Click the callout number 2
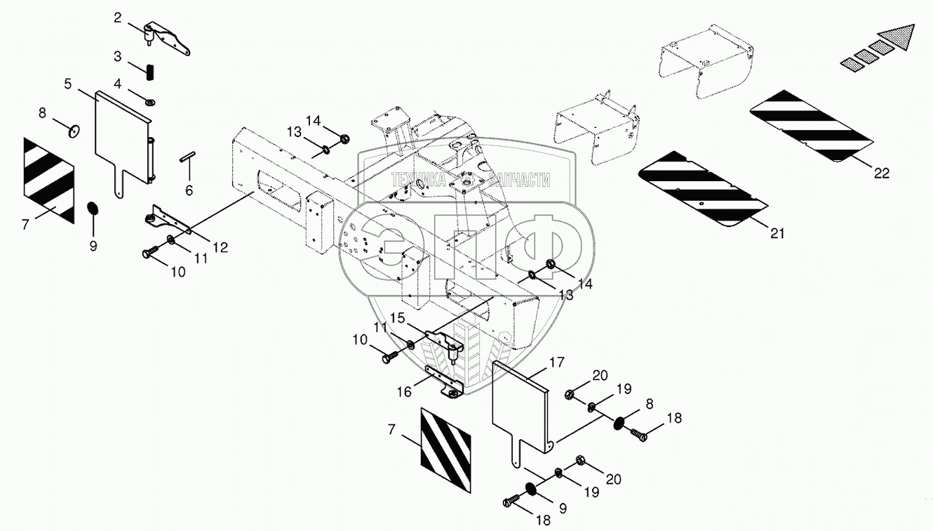(x=117, y=18)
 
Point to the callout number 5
(x=68, y=84)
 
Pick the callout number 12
(x=220, y=247)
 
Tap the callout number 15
(x=398, y=318)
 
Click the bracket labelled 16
(x=445, y=383)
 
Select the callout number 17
(x=557, y=362)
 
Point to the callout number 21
(x=777, y=234)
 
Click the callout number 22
(x=881, y=173)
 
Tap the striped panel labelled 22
(x=812, y=126)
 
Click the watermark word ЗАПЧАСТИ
(x=519, y=181)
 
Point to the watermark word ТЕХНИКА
(x=419, y=180)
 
